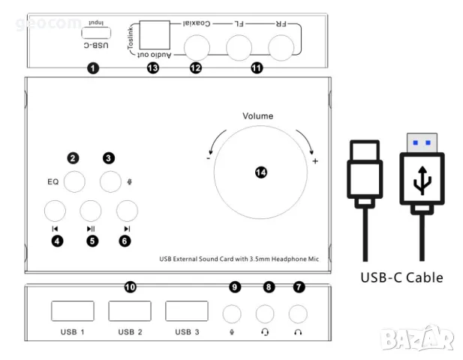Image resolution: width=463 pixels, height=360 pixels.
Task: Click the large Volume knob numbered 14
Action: (261, 172)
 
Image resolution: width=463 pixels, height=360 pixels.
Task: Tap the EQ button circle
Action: (74, 181)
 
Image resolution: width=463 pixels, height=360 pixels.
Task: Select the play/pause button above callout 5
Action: (91, 211)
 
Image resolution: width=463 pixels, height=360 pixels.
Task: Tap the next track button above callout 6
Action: (126, 211)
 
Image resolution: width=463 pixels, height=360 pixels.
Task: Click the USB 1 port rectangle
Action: (73, 311)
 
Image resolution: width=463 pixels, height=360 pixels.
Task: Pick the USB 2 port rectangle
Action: (130, 311)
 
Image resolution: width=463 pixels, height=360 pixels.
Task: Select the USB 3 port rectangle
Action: (187, 311)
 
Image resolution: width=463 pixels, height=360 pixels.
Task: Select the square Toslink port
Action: (155, 34)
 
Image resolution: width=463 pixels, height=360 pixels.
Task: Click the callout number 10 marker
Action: (130, 287)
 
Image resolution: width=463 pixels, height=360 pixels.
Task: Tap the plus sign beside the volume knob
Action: (315, 161)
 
